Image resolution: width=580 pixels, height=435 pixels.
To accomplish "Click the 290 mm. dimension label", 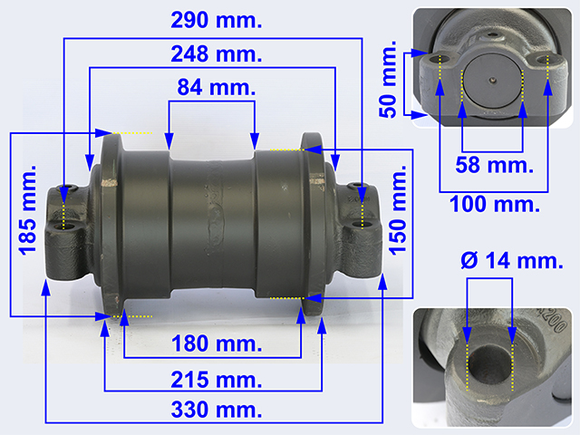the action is tap(217, 20).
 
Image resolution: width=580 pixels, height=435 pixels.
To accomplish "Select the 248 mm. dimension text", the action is tap(217, 54).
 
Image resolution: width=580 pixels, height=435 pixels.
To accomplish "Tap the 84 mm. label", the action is tap(217, 87).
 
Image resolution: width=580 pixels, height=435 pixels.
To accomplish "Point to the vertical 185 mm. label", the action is tap(28, 210).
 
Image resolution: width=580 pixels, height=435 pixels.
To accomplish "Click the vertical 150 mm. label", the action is tap(398, 210).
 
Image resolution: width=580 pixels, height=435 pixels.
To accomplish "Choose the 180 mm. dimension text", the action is tap(217, 343).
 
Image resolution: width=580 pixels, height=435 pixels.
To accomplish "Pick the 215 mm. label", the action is tap(217, 380).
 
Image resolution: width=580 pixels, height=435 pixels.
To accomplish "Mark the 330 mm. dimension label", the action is tap(217, 410).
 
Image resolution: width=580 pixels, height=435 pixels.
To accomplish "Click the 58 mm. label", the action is tap(495, 165).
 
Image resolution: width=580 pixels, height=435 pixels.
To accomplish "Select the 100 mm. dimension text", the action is tap(495, 204).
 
